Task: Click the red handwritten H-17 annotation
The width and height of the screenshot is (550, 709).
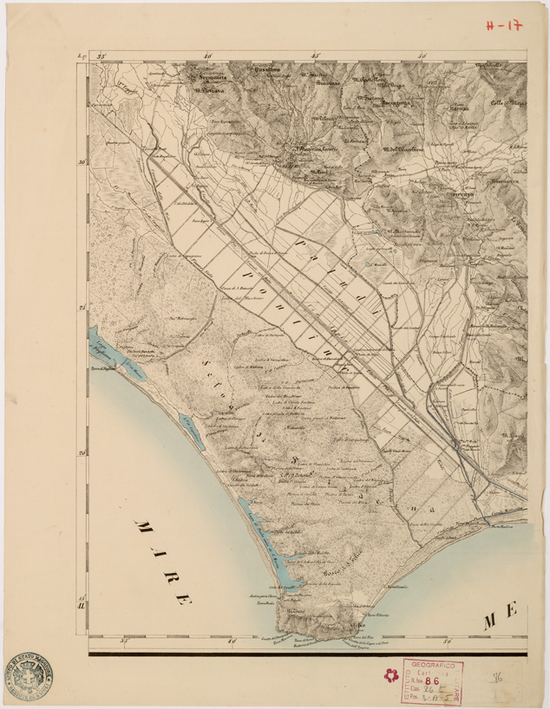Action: click(504, 25)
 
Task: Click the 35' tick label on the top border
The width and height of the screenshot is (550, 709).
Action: click(101, 56)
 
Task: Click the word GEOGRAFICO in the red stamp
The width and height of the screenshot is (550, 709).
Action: click(431, 662)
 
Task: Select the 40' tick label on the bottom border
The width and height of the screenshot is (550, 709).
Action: click(231, 643)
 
